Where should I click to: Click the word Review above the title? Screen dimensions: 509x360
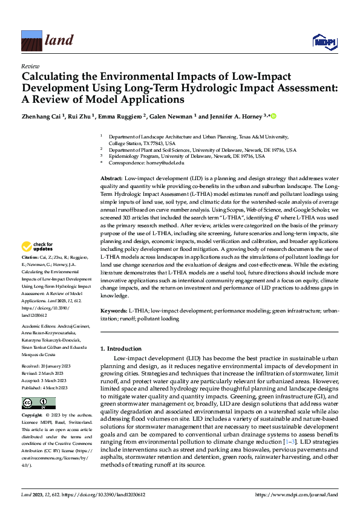[30, 66]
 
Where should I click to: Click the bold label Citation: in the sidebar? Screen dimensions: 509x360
[31, 273]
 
